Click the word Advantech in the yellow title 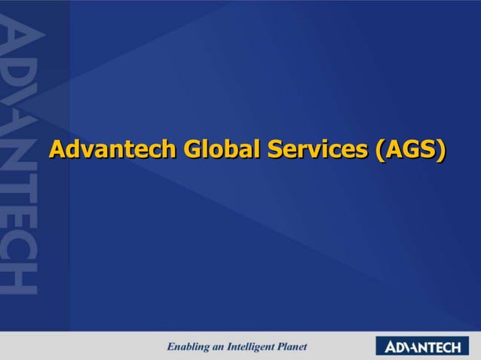click(x=106, y=149)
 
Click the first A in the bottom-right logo click(x=391, y=346)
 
